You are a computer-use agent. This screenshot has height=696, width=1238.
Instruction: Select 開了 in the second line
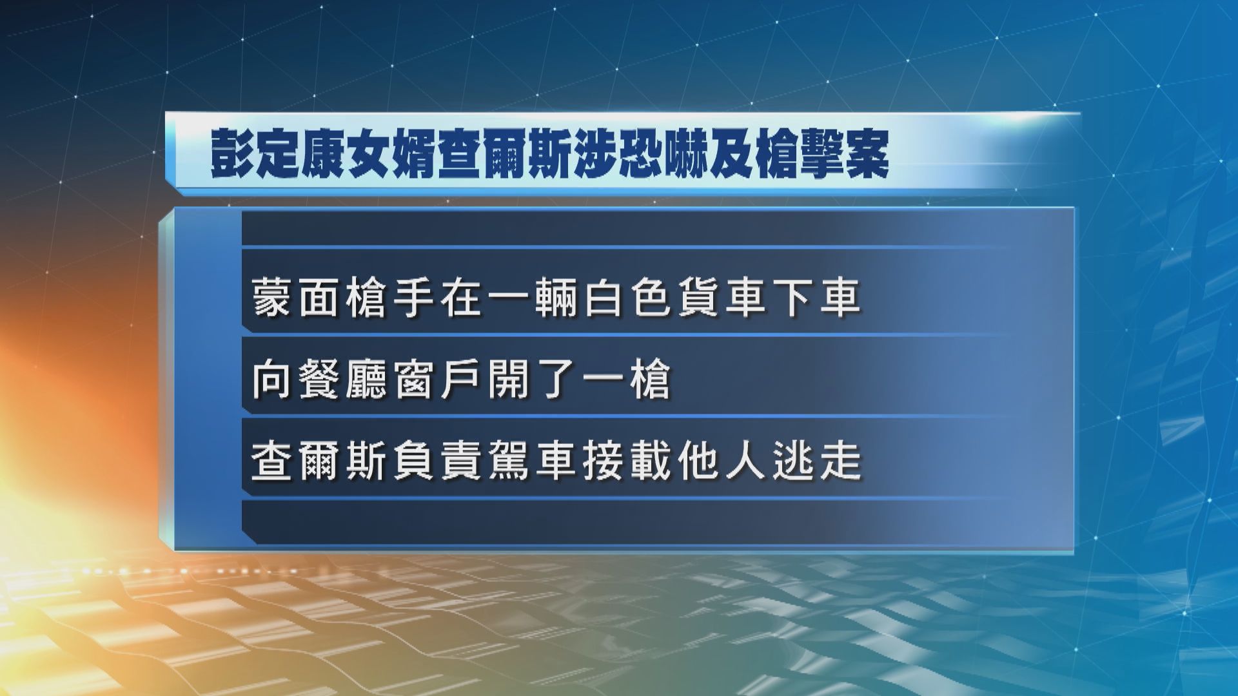click(534, 380)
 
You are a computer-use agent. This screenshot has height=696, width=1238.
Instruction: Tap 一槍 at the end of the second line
click(629, 380)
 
